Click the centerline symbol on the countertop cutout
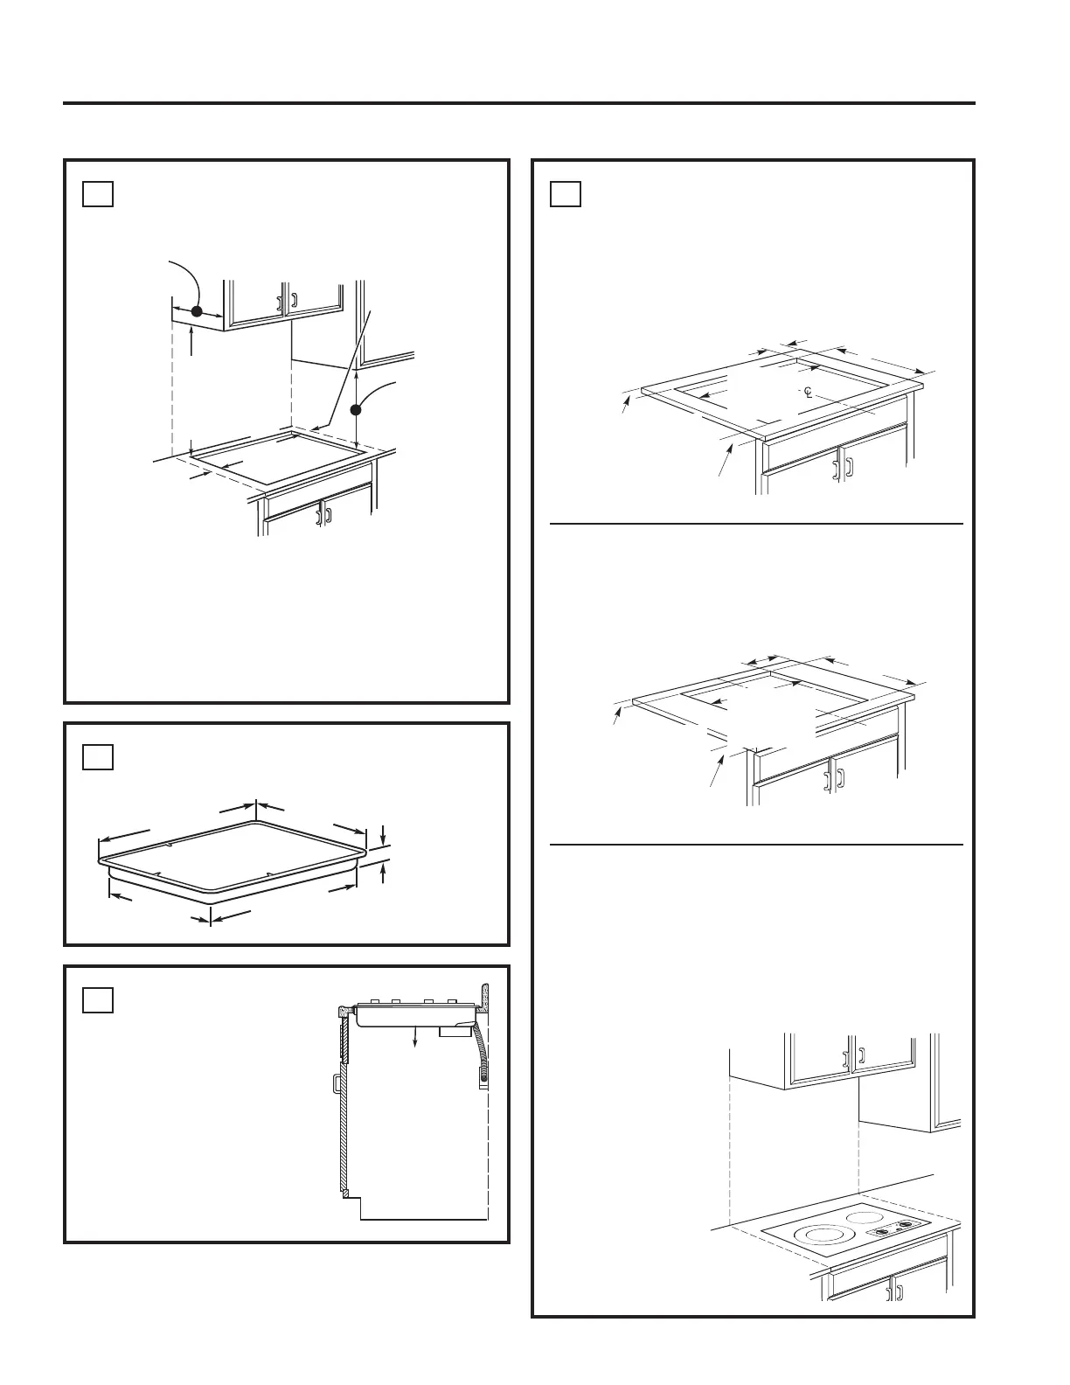[808, 391]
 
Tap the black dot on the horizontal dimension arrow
[197, 311]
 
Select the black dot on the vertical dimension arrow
[357, 409]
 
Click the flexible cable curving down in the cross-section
[481, 1049]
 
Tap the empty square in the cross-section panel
[98, 999]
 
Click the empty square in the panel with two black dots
[98, 192]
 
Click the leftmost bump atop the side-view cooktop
[373, 1001]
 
